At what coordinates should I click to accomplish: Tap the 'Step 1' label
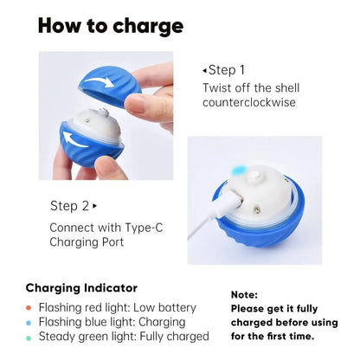point(227,69)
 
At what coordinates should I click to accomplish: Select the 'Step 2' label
point(70,205)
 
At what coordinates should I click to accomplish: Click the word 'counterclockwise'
point(248,102)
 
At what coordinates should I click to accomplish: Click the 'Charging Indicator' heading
point(81,287)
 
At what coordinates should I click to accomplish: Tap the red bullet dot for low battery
point(29,308)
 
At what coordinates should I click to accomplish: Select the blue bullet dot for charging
point(29,322)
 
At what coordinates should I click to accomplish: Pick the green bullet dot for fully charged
point(29,337)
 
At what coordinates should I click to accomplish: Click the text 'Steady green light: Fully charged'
point(124,337)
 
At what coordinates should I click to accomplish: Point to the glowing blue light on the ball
point(247,169)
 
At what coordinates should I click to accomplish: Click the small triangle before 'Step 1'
point(205,70)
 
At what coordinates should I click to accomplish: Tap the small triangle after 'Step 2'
point(94,206)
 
